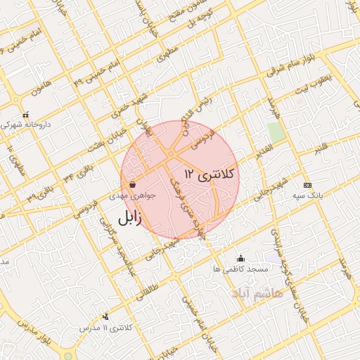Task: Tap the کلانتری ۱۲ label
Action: point(210,172)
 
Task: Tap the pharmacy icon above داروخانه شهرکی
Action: point(25,114)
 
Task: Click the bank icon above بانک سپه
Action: point(307,184)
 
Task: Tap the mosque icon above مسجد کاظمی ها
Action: point(241,258)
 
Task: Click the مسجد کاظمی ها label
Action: point(242,269)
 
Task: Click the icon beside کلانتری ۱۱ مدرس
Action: point(105,316)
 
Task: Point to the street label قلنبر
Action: point(320,149)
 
